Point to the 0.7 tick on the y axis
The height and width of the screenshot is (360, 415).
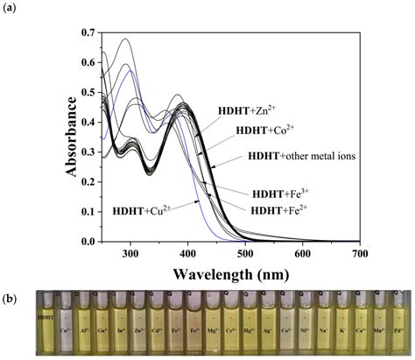[x=89, y=32]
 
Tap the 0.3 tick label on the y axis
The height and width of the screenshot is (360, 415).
[x=89, y=152]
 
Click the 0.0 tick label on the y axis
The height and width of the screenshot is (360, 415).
[x=89, y=242]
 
